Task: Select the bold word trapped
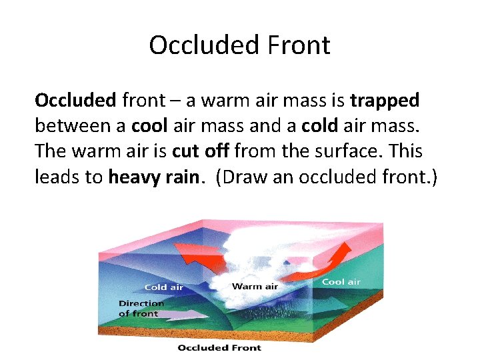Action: (385, 101)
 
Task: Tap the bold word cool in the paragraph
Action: (150, 126)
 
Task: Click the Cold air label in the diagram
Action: (164, 287)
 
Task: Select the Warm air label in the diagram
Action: (255, 287)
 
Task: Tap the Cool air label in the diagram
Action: (341, 282)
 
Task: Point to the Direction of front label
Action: (141, 308)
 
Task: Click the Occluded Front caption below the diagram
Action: (219, 347)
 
